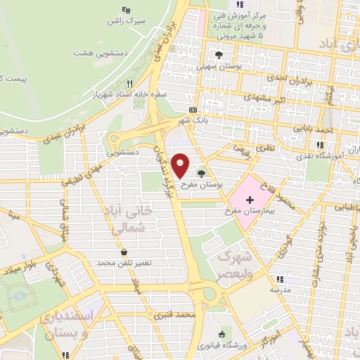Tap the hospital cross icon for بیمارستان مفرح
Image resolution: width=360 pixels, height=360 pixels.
(x=250, y=200)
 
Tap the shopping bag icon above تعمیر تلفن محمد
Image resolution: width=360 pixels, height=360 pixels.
(x=124, y=251)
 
